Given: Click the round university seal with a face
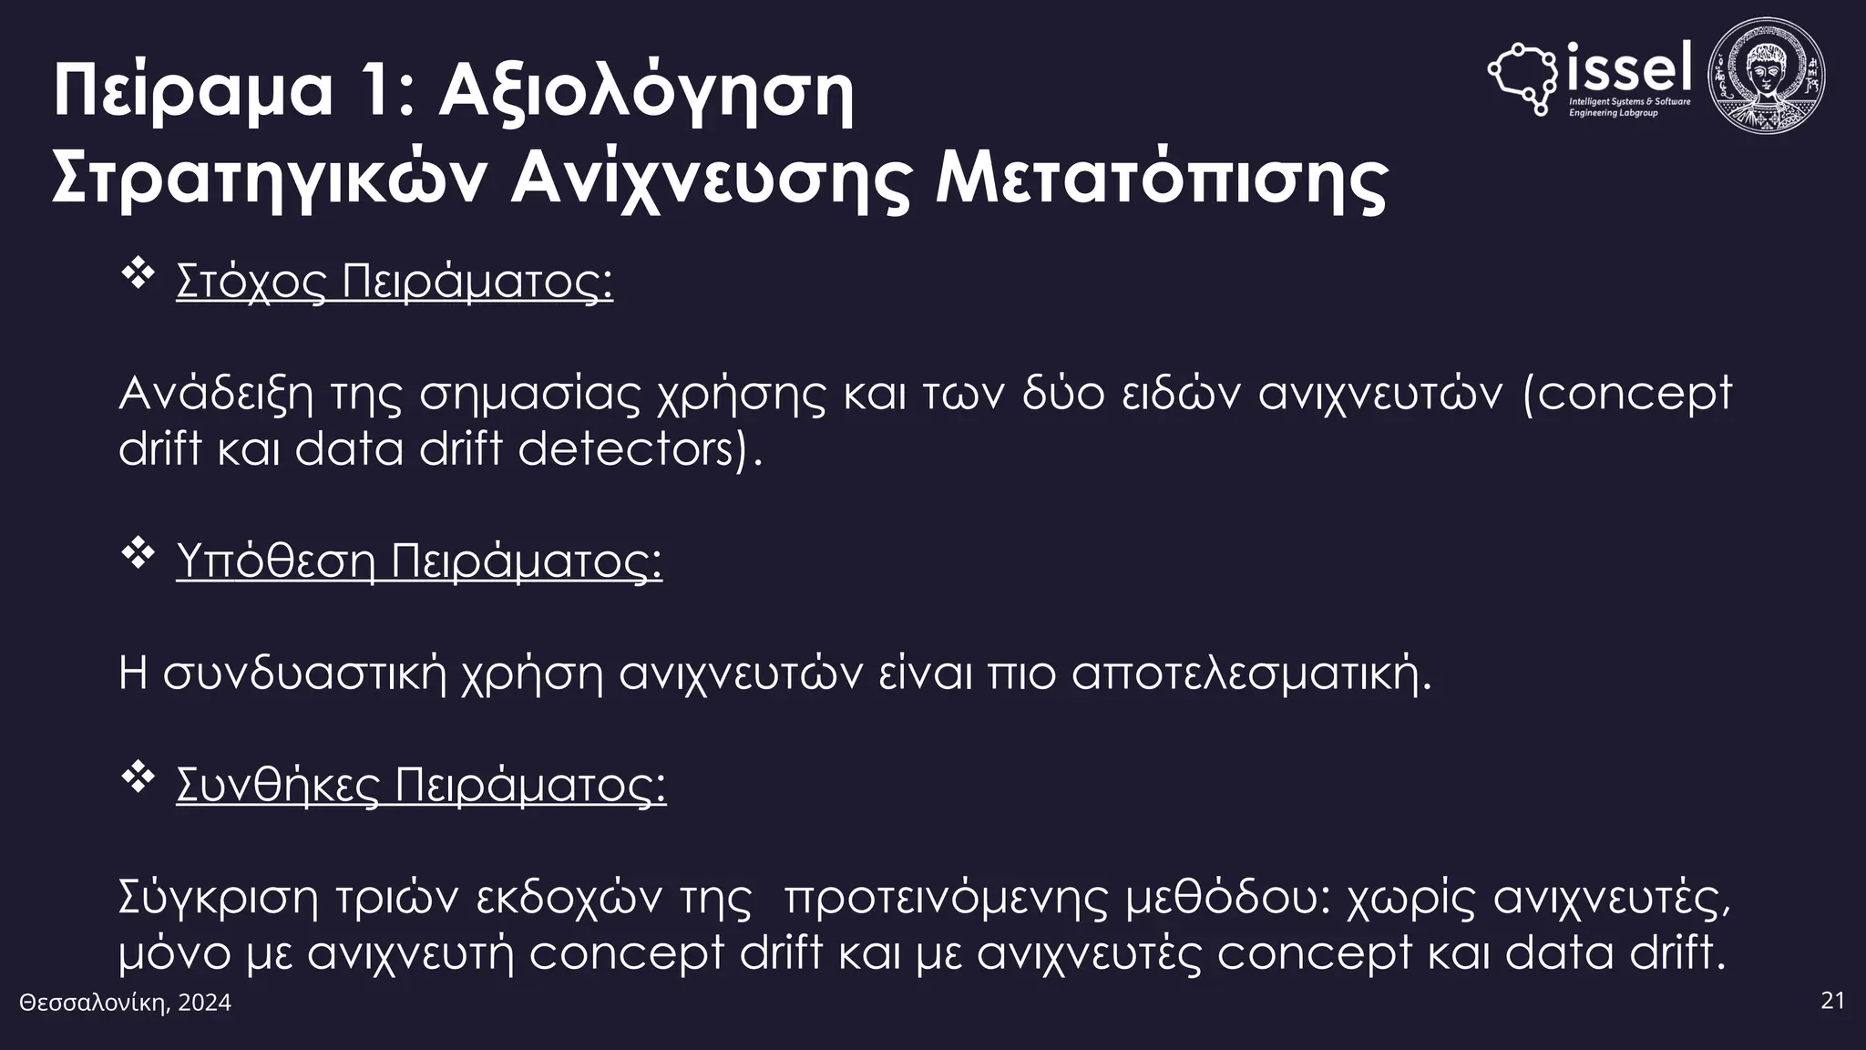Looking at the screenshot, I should point(1766,77).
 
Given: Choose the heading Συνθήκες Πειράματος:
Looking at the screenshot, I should point(421,785).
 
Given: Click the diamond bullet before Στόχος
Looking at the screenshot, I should point(138,274).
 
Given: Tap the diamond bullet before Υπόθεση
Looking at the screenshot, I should point(138,554).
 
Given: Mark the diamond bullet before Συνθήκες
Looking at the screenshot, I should point(138,778).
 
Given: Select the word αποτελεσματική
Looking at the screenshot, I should point(1251,674).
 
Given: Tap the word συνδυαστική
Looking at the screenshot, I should point(305,674).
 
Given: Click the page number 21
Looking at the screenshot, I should point(1832,1001).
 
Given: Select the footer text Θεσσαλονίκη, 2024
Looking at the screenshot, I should point(126,1004).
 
